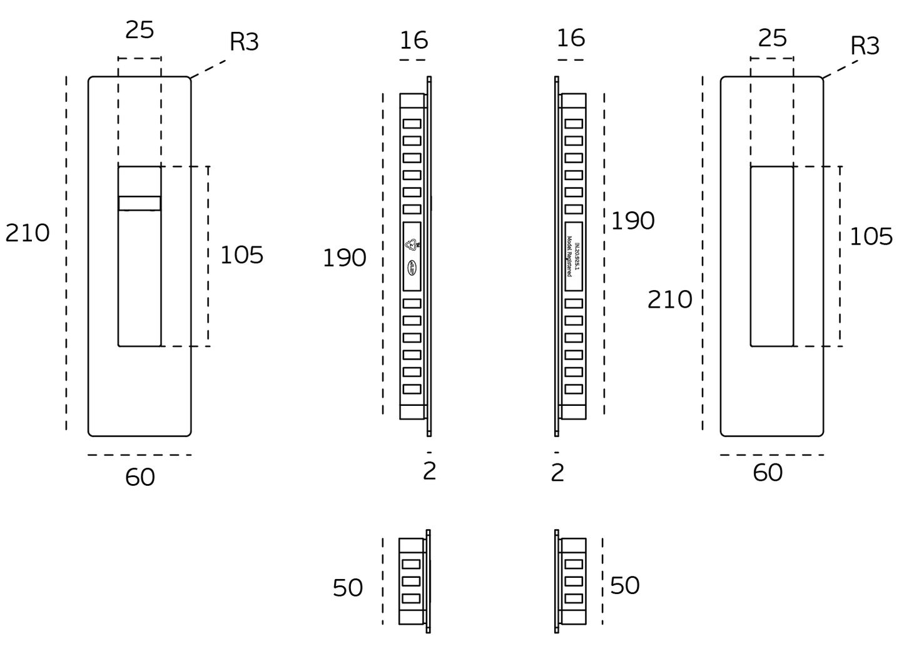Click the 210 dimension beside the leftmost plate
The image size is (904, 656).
click(x=28, y=233)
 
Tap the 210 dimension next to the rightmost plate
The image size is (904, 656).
click(x=669, y=300)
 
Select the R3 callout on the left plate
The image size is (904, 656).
click(x=244, y=42)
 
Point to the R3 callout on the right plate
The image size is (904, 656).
click(x=865, y=46)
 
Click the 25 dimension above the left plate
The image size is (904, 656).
click(x=140, y=29)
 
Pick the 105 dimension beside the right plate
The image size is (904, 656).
click(x=871, y=236)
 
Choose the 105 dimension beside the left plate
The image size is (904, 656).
click(x=241, y=255)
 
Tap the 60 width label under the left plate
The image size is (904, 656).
click(x=140, y=477)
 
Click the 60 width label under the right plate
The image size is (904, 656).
click(x=768, y=473)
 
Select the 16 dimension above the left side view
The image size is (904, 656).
click(x=414, y=41)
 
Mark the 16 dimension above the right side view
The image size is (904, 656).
click(x=571, y=38)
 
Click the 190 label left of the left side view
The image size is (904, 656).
click(x=344, y=258)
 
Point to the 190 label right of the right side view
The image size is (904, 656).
click(x=632, y=221)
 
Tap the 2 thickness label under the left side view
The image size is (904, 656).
click(x=429, y=471)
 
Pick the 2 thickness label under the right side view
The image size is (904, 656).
click(x=557, y=473)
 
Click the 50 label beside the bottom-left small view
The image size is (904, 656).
click(x=348, y=588)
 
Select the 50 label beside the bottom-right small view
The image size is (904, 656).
click(x=624, y=585)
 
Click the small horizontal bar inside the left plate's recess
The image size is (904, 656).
click(x=140, y=203)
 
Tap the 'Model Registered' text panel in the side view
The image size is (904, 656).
click(x=574, y=256)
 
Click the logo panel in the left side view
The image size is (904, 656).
click(x=412, y=256)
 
